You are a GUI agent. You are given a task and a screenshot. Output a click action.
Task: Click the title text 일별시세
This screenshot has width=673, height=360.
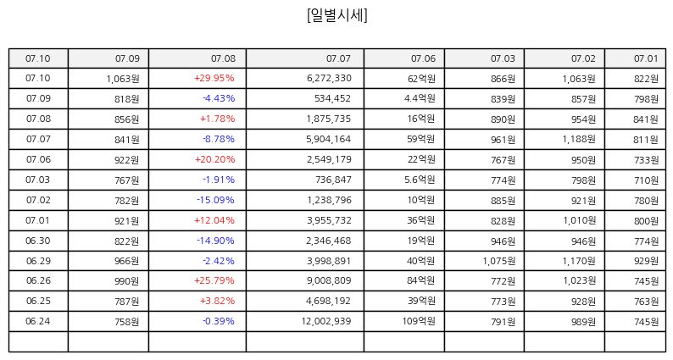point(337,15)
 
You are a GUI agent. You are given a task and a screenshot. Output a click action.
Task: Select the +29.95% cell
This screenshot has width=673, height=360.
point(214,78)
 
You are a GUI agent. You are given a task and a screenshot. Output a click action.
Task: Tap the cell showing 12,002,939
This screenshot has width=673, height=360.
point(326,321)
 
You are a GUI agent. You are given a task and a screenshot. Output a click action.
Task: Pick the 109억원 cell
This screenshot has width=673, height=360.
point(419,321)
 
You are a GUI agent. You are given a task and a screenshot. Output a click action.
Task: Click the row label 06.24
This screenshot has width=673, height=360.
point(38,321)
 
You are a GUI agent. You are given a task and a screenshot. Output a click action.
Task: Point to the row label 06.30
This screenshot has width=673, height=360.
point(38,241)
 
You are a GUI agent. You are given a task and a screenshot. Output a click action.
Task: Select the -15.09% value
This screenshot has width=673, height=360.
point(215,200)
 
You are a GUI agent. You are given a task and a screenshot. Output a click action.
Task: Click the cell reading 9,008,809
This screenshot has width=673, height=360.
point(329,280)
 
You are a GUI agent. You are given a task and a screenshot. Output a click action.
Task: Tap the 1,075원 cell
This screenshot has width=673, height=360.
point(498,261)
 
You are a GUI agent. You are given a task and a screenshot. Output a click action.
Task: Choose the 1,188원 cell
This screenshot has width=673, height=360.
point(579,139)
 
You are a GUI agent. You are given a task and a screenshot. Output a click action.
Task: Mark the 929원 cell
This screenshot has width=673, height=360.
point(646,261)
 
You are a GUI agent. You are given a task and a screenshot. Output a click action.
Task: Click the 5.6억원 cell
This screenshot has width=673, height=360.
point(420,180)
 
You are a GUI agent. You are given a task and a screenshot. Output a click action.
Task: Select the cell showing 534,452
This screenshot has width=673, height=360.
point(332,99)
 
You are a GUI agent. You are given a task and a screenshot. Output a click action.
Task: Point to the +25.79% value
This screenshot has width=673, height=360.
point(214,280)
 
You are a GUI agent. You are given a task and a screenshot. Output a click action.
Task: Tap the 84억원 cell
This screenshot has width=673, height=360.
point(421,280)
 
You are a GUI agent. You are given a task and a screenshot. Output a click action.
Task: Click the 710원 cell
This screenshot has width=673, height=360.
point(646,180)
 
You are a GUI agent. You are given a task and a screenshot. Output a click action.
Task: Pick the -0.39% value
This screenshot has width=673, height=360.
point(219,321)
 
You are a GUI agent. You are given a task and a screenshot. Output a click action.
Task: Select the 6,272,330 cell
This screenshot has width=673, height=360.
point(329,78)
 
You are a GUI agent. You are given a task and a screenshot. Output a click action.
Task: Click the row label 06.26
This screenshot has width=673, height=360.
point(38,280)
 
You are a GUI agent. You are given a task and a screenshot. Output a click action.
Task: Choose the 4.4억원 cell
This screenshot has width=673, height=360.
point(420,99)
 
